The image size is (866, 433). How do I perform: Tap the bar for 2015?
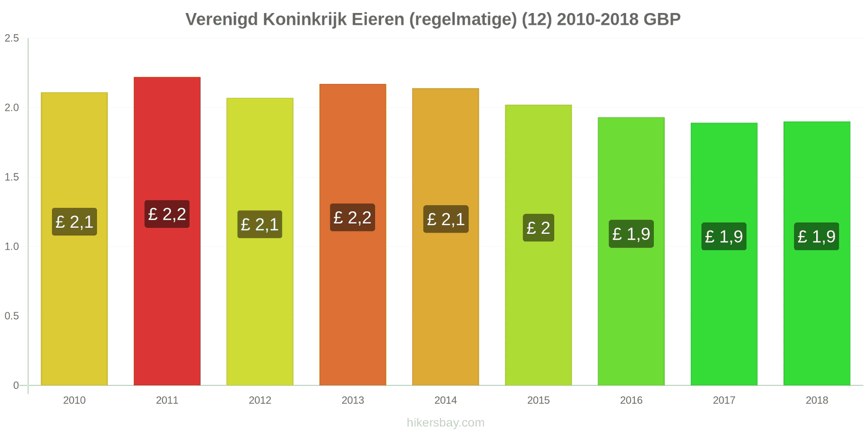pyautogui.click(x=538, y=303)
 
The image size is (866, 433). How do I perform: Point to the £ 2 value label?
pyautogui.click(x=538, y=228)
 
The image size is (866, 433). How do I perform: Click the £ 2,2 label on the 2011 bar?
pyautogui.click(x=167, y=214)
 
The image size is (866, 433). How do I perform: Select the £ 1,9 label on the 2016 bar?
pyautogui.click(x=631, y=234)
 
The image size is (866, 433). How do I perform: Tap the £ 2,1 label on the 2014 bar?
pyautogui.click(x=445, y=219)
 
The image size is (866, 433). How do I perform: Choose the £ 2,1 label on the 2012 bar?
pyautogui.click(x=260, y=224)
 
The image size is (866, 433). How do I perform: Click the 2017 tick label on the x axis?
pyautogui.click(x=724, y=401)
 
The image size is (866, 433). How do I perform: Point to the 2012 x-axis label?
pyautogui.click(x=260, y=401)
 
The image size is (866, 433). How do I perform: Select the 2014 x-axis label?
pyautogui.click(x=445, y=401)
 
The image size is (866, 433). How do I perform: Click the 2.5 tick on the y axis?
pyautogui.click(x=12, y=38)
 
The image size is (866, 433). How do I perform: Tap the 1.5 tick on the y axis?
pyautogui.click(x=12, y=177)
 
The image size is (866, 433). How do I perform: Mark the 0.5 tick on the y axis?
pyautogui.click(x=12, y=316)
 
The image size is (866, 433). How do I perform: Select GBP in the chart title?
pyautogui.click(x=662, y=19)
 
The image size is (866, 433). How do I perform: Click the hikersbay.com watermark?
pyautogui.click(x=445, y=423)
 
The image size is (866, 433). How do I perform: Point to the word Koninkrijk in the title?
pyautogui.click(x=305, y=19)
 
